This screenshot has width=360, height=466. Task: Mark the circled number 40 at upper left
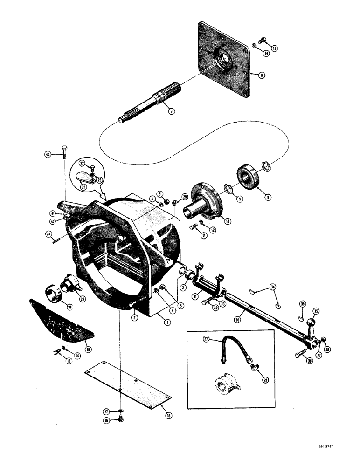pos(48,155)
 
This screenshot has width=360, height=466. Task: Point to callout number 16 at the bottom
pos(120,420)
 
